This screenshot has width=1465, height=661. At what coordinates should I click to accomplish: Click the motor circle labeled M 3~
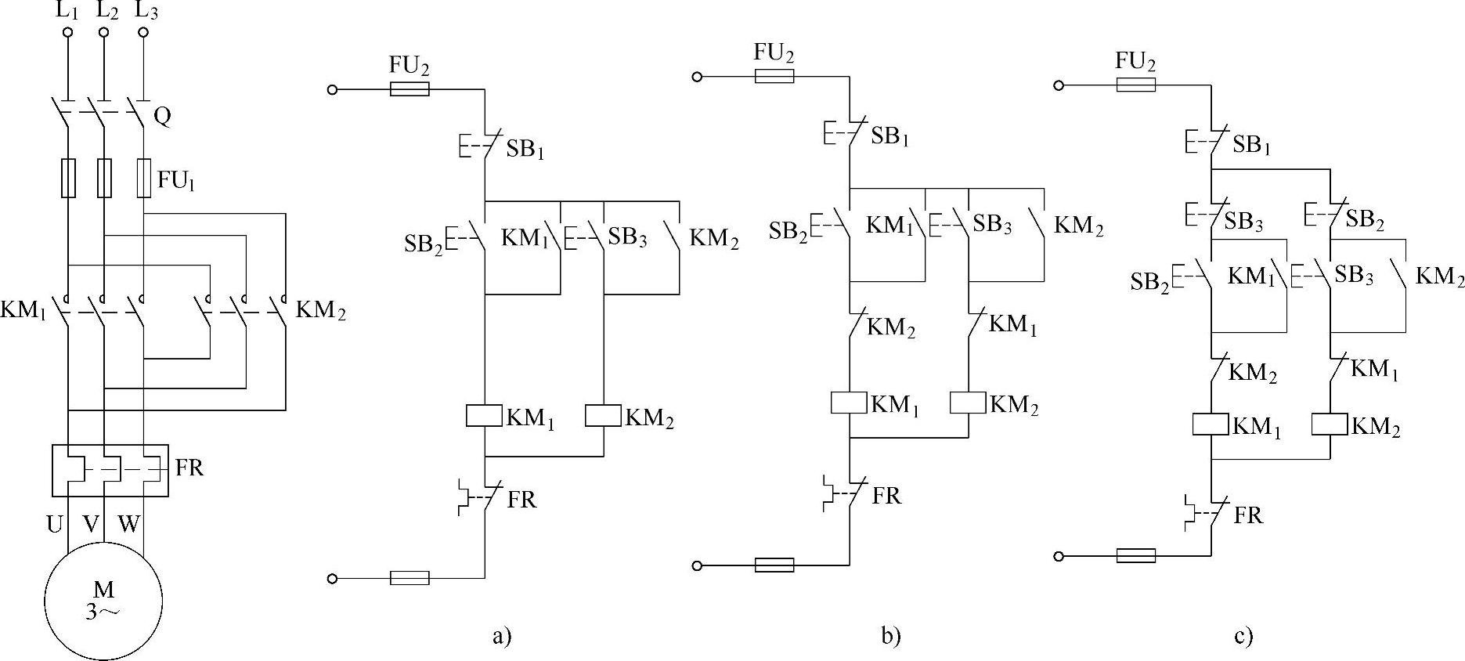(103, 601)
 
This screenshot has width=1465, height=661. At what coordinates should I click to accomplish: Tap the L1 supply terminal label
(67, 11)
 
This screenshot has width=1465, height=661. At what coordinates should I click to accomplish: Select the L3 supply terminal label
(146, 11)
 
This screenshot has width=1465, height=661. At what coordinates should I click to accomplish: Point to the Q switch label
(162, 117)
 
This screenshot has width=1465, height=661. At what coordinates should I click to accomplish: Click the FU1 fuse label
(175, 181)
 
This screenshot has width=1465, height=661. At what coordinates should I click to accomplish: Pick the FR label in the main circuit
(189, 468)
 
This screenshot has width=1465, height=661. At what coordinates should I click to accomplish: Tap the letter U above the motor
(55, 524)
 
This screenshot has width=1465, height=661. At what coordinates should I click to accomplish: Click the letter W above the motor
(128, 524)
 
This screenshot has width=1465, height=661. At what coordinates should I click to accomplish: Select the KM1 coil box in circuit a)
(484, 416)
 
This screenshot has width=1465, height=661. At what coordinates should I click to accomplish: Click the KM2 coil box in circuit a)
(603, 416)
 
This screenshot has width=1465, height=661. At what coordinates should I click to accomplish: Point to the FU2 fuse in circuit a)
(410, 89)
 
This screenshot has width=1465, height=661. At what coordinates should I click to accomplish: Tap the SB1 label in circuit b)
(889, 136)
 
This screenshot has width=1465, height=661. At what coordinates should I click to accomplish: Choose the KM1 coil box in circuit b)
(850, 403)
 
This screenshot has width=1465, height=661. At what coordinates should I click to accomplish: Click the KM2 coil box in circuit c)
(1330, 424)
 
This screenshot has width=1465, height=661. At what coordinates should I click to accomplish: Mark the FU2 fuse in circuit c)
(1135, 84)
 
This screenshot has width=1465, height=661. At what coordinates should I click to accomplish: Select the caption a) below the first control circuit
(502, 634)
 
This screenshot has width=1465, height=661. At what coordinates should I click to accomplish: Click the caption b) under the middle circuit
(890, 634)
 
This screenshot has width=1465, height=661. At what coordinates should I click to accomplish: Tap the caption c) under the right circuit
(1243, 634)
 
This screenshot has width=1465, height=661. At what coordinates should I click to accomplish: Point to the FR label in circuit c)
(1249, 515)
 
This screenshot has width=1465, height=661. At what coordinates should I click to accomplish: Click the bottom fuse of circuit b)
(774, 565)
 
